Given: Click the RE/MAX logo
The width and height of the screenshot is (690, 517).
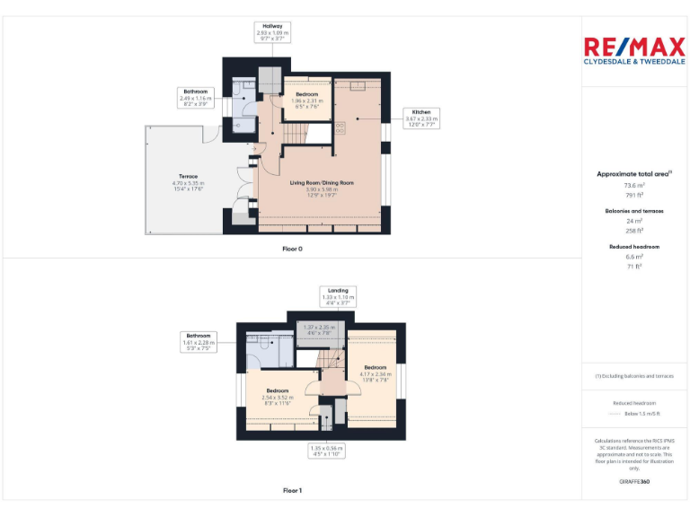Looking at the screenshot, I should point(634,50).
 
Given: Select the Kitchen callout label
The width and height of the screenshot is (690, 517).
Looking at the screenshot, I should point(420,118).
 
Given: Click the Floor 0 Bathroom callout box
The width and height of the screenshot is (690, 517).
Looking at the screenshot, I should point(196,98).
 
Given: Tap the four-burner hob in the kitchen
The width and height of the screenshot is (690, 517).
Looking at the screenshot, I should point(341,127).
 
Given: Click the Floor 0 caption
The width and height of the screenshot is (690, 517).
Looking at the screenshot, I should point(292,248).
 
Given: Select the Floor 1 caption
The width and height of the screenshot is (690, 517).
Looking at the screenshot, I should point(292,490).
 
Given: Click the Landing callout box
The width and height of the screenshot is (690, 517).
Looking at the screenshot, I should point(338,296).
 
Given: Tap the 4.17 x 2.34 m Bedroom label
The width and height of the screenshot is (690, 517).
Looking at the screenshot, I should point(376,372).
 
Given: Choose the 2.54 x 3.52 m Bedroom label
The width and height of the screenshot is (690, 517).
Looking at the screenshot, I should point(277,397).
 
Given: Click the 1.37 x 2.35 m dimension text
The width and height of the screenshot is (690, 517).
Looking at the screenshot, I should point(319,329).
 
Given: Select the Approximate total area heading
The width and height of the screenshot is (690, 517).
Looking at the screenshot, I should point(634,174).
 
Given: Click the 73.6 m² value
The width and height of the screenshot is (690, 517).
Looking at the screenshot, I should point(634,185).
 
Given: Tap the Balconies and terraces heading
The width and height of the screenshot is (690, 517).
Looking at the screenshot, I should point(634,211).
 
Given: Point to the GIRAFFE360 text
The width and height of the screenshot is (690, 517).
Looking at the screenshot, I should point(634,482).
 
